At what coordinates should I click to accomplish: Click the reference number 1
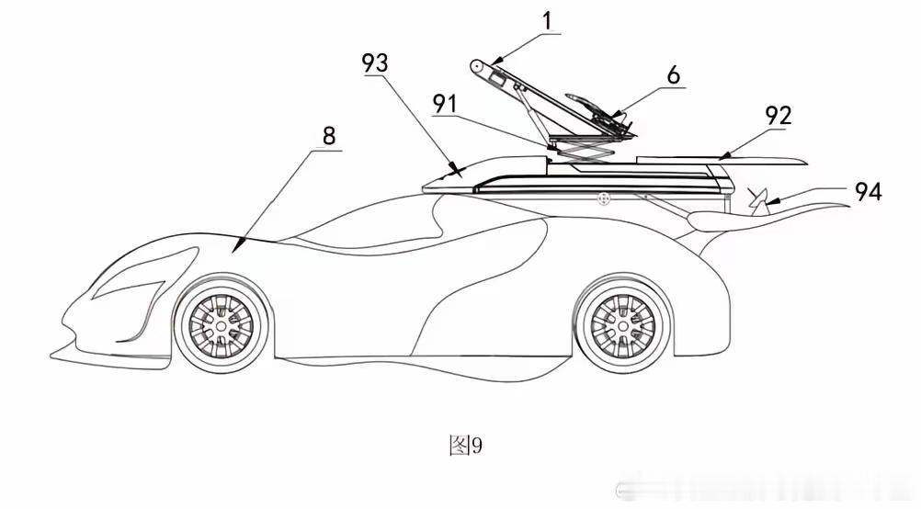coord(548,20)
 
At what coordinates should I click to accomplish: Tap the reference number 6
coord(674,75)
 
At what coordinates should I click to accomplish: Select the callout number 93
coord(375,62)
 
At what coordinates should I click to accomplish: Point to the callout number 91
coord(445,104)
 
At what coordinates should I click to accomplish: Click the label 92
coord(779,117)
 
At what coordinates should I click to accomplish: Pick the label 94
coord(868,191)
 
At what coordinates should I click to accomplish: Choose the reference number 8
coord(329,136)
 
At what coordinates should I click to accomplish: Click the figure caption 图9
coord(466,446)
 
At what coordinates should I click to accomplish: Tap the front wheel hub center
coord(221,325)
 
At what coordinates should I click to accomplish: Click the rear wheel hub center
coord(622,324)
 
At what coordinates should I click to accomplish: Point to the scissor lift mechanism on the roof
coord(582,150)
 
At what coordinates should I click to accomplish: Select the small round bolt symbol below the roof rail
coord(602,199)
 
